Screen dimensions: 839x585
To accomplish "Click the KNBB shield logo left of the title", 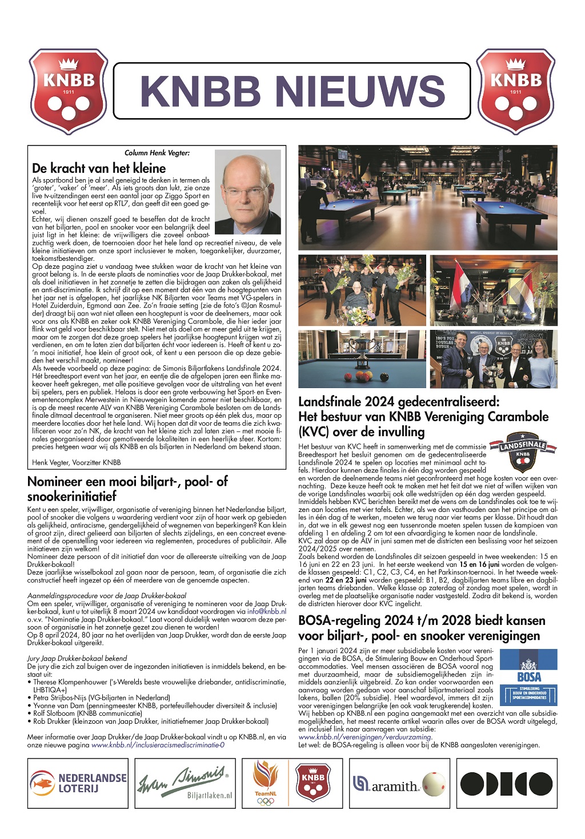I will pyautogui.click(x=69, y=91).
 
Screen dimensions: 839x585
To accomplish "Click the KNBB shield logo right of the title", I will pyautogui.click(x=516, y=91).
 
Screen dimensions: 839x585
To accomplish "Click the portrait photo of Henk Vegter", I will pyautogui.click(x=247, y=192).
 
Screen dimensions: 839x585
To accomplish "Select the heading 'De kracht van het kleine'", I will pyautogui.click(x=99, y=168).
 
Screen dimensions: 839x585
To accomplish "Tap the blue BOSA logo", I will pyautogui.click(x=528, y=677).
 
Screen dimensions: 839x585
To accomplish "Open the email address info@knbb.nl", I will pyautogui.click(x=267, y=611).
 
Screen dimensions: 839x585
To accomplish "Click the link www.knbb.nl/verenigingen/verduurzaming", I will pyautogui.click(x=365, y=737).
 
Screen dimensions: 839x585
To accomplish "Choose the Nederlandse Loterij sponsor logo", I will pyautogui.click(x=78, y=783).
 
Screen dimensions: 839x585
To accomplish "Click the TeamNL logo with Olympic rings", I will pyautogui.click(x=266, y=783).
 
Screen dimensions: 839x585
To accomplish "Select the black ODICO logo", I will pyautogui.click(x=506, y=784).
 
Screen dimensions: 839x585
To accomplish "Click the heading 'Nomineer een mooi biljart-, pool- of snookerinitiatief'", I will pyautogui.click(x=127, y=489).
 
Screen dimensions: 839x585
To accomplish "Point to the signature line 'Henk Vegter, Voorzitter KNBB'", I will pyautogui.click(x=77, y=462).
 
